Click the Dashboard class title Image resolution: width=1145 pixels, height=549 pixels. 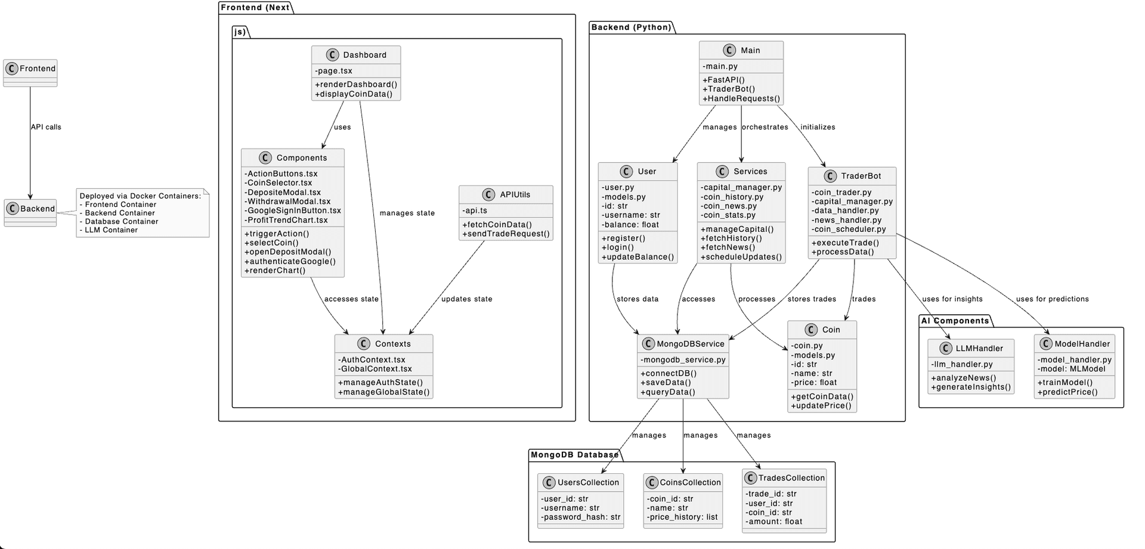pos(364,55)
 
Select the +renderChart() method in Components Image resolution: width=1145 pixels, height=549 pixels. pos(275,271)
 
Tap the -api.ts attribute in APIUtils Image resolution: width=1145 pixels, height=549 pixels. pos(475,210)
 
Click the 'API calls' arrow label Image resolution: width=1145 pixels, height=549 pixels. pos(46,127)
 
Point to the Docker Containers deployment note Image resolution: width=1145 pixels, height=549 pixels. pos(142,213)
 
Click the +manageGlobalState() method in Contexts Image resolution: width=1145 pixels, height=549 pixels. pos(383,392)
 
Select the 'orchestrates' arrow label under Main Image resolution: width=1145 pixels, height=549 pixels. pos(765,127)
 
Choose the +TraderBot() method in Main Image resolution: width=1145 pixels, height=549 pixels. pos(729,89)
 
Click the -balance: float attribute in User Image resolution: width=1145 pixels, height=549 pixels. pos(630,225)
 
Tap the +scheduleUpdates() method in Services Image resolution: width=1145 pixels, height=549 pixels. pos(741,257)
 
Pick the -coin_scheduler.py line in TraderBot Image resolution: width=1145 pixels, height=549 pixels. pos(849,229)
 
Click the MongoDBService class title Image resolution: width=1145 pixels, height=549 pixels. pos(690,344)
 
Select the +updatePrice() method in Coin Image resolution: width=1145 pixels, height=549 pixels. pos(821,406)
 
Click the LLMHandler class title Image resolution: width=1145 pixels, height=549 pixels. pos(979,349)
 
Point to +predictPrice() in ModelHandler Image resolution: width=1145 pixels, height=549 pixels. pos(1067,392)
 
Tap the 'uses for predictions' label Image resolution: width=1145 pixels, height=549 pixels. pos(1052,299)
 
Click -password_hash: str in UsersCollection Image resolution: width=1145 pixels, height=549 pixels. pos(581,517)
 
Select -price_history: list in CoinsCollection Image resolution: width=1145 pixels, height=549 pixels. pos(682,517)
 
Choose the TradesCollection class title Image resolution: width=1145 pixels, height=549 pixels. pos(791,478)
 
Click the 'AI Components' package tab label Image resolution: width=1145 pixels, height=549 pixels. pos(955,321)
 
